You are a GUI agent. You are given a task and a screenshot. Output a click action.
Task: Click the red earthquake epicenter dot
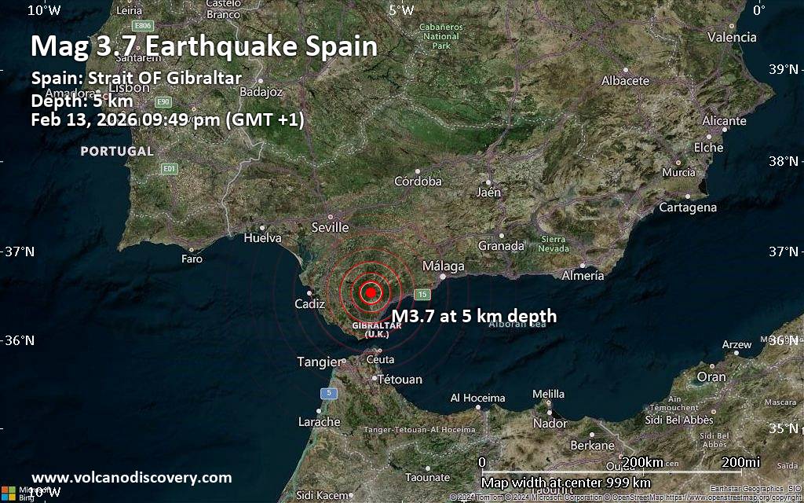pos(371,292)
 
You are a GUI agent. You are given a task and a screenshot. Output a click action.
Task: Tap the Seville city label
pos(330,227)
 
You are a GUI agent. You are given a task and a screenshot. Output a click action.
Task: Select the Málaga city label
pos(444,266)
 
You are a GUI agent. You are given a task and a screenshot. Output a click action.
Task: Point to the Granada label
pos(501,246)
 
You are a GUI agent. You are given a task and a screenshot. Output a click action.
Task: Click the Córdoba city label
pos(418,181)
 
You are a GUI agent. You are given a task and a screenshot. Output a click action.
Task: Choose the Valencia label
pos(732,37)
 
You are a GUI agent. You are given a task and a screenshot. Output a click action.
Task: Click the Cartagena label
pos(688,207)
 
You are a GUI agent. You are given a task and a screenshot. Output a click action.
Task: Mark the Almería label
pos(583,275)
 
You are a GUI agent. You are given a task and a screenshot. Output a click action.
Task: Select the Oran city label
pos(711,376)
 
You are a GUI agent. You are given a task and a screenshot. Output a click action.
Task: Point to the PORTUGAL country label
pos(117,151)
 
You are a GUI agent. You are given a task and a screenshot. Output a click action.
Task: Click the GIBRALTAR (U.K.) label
pos(377,329)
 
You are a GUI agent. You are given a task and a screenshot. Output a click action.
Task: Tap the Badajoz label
pos(261,92)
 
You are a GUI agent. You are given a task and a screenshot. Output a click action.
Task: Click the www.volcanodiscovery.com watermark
pos(132,477)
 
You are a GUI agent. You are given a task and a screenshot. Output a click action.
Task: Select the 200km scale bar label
pos(641,462)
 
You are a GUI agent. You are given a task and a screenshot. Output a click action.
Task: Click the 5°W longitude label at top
pos(401,10)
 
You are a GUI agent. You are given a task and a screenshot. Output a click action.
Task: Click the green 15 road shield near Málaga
pos(422,294)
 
